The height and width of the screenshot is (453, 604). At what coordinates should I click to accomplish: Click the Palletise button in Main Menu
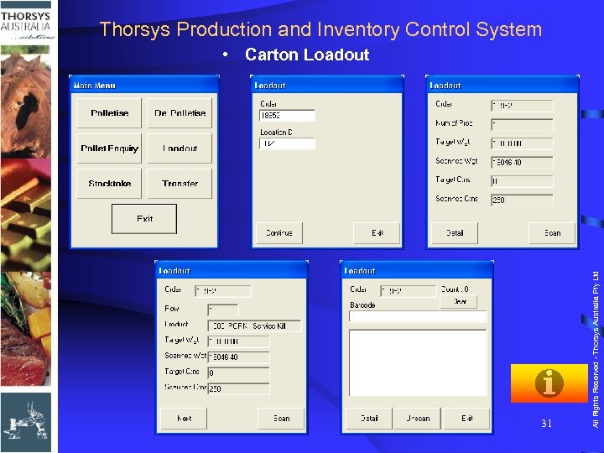click(109, 113)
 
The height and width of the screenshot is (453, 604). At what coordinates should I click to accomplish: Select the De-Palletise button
click(180, 113)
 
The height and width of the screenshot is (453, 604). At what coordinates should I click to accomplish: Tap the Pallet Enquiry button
click(109, 148)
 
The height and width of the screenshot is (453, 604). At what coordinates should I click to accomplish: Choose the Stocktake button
click(109, 184)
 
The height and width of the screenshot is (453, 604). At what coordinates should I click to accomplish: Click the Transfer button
click(180, 184)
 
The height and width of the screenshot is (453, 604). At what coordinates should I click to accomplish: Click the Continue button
click(279, 232)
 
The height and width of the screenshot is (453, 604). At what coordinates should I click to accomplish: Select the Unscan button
click(418, 418)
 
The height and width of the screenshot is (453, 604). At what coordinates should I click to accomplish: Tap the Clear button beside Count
click(459, 301)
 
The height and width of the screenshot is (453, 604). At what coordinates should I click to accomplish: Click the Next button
click(185, 418)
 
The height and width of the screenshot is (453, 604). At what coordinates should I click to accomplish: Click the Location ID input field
click(288, 144)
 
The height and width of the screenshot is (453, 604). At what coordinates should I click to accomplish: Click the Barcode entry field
click(418, 317)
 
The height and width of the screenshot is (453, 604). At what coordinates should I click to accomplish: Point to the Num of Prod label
click(454, 123)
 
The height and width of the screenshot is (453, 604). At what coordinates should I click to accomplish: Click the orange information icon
click(549, 383)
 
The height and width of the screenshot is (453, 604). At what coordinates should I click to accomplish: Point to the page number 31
click(546, 424)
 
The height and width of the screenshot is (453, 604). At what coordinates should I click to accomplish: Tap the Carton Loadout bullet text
click(306, 55)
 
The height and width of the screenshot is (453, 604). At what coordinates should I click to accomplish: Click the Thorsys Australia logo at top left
click(28, 21)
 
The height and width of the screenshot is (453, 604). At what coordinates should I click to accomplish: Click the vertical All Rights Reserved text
click(596, 336)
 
